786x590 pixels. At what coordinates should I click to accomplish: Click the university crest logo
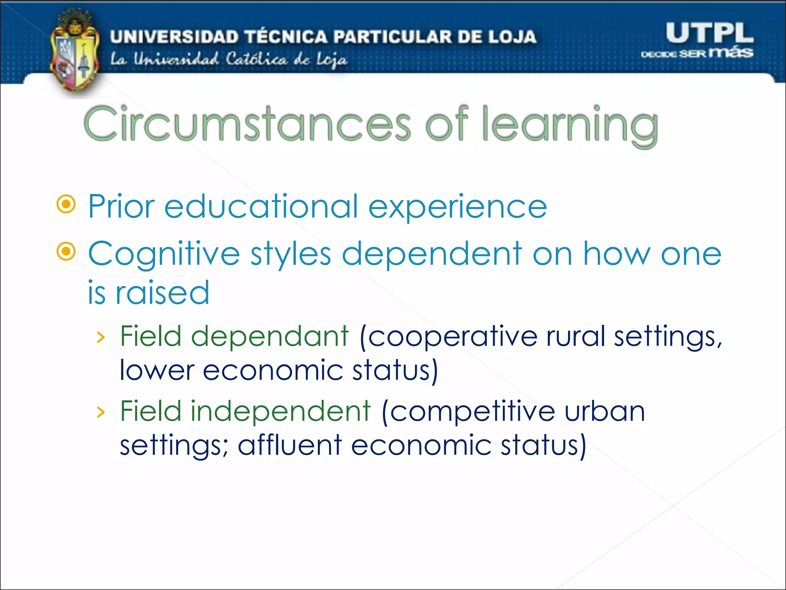(x=75, y=52)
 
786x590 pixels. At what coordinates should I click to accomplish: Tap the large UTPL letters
(x=709, y=33)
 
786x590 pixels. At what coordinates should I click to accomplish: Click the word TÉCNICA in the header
(x=286, y=37)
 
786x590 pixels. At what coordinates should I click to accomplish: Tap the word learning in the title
(x=570, y=125)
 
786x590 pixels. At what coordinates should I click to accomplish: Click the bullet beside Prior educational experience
(x=66, y=204)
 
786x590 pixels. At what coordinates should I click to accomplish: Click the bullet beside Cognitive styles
(x=66, y=252)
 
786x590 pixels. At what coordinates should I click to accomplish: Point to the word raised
(x=162, y=293)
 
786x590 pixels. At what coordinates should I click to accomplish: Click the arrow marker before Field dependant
(x=101, y=338)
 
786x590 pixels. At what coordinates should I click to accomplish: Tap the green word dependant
(x=269, y=336)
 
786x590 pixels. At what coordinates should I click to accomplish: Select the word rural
(x=576, y=336)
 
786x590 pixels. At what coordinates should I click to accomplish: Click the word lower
(x=157, y=371)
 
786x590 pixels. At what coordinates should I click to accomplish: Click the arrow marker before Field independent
(x=101, y=413)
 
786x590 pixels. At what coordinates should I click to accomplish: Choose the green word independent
(x=281, y=411)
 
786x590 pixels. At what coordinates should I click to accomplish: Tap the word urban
(x=604, y=411)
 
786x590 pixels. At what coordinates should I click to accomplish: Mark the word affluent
(x=290, y=446)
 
